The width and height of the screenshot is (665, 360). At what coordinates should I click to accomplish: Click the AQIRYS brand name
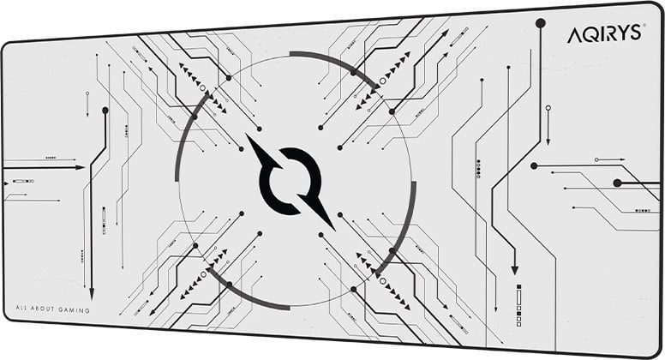604,34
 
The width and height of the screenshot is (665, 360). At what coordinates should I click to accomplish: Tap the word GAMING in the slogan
75,310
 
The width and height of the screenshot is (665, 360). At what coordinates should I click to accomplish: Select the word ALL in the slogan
21,308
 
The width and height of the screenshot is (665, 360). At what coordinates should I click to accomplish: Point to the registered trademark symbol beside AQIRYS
644,26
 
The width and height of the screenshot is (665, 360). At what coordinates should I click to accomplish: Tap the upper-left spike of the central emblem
262,151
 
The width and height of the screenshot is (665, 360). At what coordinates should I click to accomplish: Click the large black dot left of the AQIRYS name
540,23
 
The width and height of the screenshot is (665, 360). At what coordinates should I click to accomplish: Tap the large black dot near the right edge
618,183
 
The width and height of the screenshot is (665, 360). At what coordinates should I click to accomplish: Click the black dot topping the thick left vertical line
105,111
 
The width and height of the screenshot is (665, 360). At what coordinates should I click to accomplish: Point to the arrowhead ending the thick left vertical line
91,294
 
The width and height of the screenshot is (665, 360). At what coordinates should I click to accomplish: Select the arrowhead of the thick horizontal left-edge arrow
81,167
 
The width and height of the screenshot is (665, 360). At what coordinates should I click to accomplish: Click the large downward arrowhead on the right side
515,270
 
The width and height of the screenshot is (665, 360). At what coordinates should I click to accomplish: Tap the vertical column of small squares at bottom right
518,305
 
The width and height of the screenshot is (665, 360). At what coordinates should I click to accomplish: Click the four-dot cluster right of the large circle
478,169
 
